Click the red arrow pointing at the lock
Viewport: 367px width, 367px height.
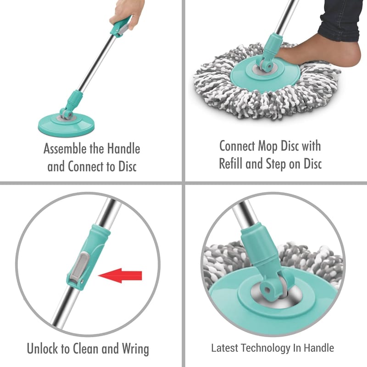[120, 276]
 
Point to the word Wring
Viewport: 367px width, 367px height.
[135, 349]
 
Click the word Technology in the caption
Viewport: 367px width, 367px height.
[266, 348]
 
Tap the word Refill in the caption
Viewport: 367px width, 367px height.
[231, 163]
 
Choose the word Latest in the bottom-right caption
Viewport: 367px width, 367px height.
[225, 348]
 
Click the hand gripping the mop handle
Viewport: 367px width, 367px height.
[127, 15]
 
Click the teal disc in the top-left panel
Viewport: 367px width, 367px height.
[67, 125]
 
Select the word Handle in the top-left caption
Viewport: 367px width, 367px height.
[123, 149]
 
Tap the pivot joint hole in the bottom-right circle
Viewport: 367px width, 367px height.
[267, 290]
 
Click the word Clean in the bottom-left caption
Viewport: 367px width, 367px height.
[85, 349]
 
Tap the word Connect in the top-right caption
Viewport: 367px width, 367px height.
[237, 146]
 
